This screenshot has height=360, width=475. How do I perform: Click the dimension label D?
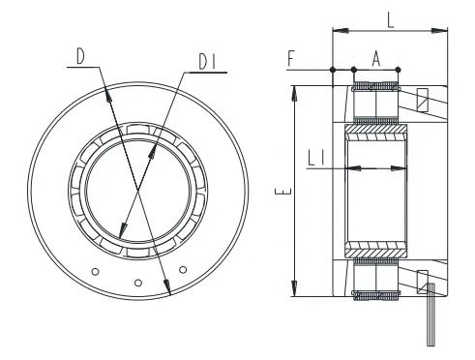[80, 56]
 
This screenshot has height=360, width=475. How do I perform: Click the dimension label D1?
[207, 62]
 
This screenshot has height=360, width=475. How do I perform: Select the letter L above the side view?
[391, 21]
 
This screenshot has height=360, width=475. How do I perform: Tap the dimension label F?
[291, 59]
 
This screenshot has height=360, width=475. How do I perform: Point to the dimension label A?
[376, 59]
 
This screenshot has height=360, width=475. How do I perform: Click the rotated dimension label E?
[282, 191]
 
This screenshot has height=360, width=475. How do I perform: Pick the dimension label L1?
[316, 159]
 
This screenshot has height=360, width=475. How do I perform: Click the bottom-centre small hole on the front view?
[138, 283]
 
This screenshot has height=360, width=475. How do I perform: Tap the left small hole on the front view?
[95, 272]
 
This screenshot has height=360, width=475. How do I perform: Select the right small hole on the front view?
[183, 269]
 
